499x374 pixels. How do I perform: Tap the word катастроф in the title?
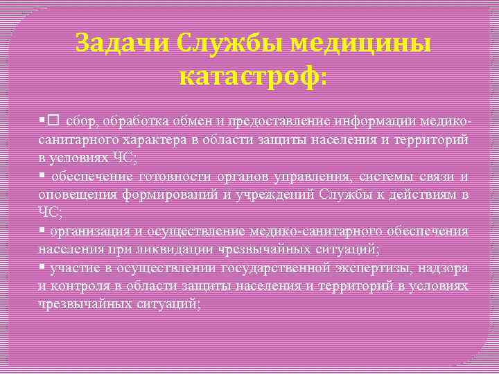click(250, 78)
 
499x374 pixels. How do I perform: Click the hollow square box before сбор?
click(53, 122)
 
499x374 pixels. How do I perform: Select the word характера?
click(154, 141)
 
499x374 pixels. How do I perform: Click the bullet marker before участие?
click(42, 267)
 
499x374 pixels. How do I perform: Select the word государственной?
click(274, 267)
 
